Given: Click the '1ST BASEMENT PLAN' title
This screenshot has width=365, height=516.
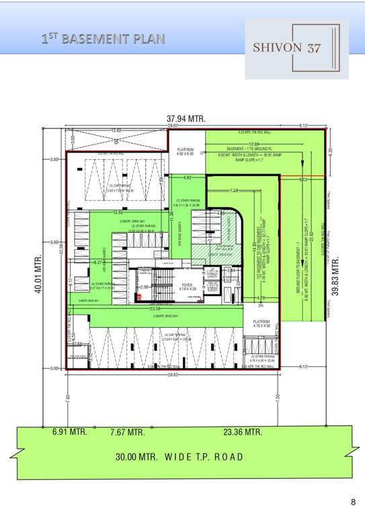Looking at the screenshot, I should (x=102, y=39).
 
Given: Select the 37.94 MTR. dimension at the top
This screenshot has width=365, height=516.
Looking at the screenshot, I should (x=186, y=119).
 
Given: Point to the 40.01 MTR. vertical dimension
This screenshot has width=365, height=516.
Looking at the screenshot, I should (x=38, y=275).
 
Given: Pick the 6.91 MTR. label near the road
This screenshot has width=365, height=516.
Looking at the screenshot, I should (x=70, y=432).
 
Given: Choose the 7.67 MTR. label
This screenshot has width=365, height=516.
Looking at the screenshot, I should (x=128, y=432).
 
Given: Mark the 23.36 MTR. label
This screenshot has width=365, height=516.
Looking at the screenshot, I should (x=243, y=432).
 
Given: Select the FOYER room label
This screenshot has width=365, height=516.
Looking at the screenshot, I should (x=188, y=285).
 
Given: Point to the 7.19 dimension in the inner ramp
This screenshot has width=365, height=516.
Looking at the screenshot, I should (x=235, y=191).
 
